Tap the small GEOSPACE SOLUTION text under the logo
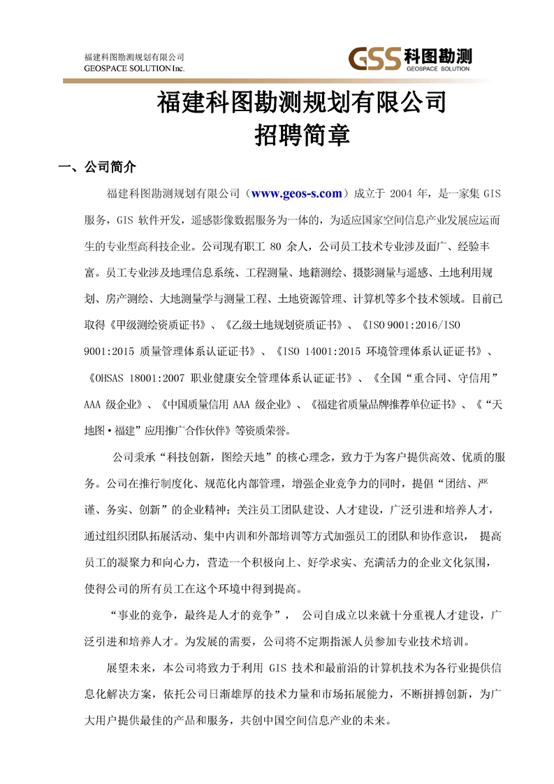tap(437, 69)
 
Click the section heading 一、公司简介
tap(97, 168)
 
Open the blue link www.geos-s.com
tap(296, 194)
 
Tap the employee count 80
tap(275, 246)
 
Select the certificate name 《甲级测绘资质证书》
tap(160, 324)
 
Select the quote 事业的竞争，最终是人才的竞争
tap(194, 615)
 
